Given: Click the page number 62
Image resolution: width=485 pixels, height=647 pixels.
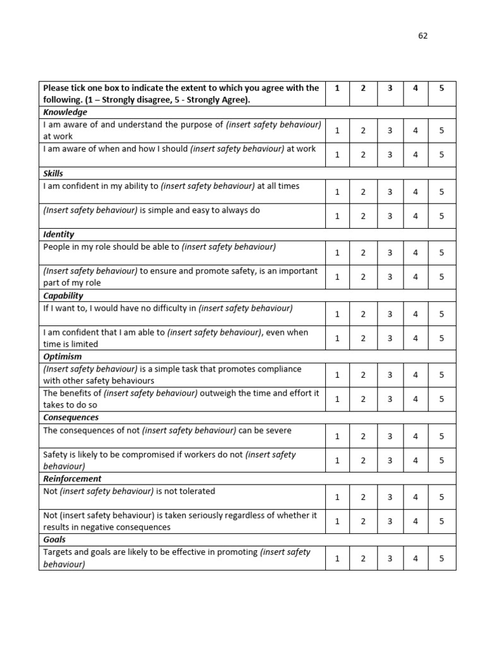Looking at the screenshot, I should point(422,36).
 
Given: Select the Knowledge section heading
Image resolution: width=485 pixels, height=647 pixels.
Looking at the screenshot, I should point(65,112).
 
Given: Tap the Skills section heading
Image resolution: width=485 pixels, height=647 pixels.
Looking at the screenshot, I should point(53,174).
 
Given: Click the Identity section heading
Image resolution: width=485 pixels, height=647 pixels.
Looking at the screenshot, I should point(59,234).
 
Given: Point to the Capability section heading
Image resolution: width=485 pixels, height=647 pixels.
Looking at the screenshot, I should point(63,296).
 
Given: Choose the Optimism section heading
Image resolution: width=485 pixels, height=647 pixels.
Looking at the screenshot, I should point(63,356).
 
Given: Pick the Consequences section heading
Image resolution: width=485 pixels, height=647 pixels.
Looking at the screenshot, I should point(71,418).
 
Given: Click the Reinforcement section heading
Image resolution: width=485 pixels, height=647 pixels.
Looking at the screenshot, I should point(72,479).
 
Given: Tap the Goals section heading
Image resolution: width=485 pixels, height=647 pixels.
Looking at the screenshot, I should point(54,540).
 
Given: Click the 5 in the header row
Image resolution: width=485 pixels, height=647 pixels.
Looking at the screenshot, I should point(441,88).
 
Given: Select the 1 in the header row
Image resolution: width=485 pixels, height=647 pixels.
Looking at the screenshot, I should point(337,88).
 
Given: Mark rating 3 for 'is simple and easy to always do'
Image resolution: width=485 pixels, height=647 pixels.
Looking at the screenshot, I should point(390,216).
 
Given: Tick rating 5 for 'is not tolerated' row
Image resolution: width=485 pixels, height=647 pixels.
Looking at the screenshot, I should point(441,497).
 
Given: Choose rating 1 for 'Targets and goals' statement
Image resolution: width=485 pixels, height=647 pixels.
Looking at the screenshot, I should point(337,559).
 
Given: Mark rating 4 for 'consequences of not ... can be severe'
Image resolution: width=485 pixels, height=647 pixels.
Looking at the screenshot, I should point(416,437).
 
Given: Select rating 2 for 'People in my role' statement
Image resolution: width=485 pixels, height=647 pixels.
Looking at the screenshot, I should point(363,253).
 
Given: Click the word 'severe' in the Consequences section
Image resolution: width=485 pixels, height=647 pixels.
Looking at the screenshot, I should point(278,430).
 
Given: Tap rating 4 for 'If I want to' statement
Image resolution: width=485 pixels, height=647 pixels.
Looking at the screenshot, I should point(416,314).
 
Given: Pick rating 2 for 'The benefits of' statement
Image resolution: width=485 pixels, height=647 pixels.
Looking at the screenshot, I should point(363,399).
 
